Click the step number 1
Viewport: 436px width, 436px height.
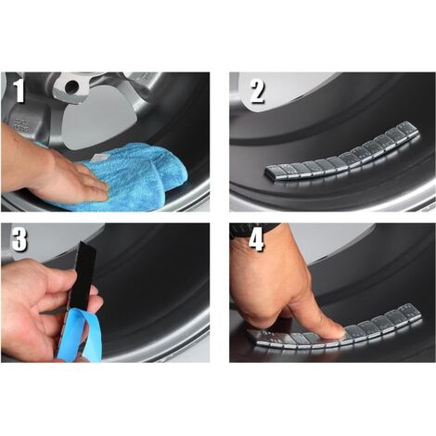pyautogui.click(x=19, y=91)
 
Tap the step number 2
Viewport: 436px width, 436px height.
pyautogui.click(x=257, y=91)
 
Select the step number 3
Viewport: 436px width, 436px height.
pyautogui.click(x=19, y=239)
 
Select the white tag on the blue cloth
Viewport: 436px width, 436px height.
pyautogui.click(x=99, y=158)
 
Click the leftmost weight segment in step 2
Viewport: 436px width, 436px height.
pyautogui.click(x=272, y=173)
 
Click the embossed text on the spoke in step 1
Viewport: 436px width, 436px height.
pyautogui.click(x=22, y=125)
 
